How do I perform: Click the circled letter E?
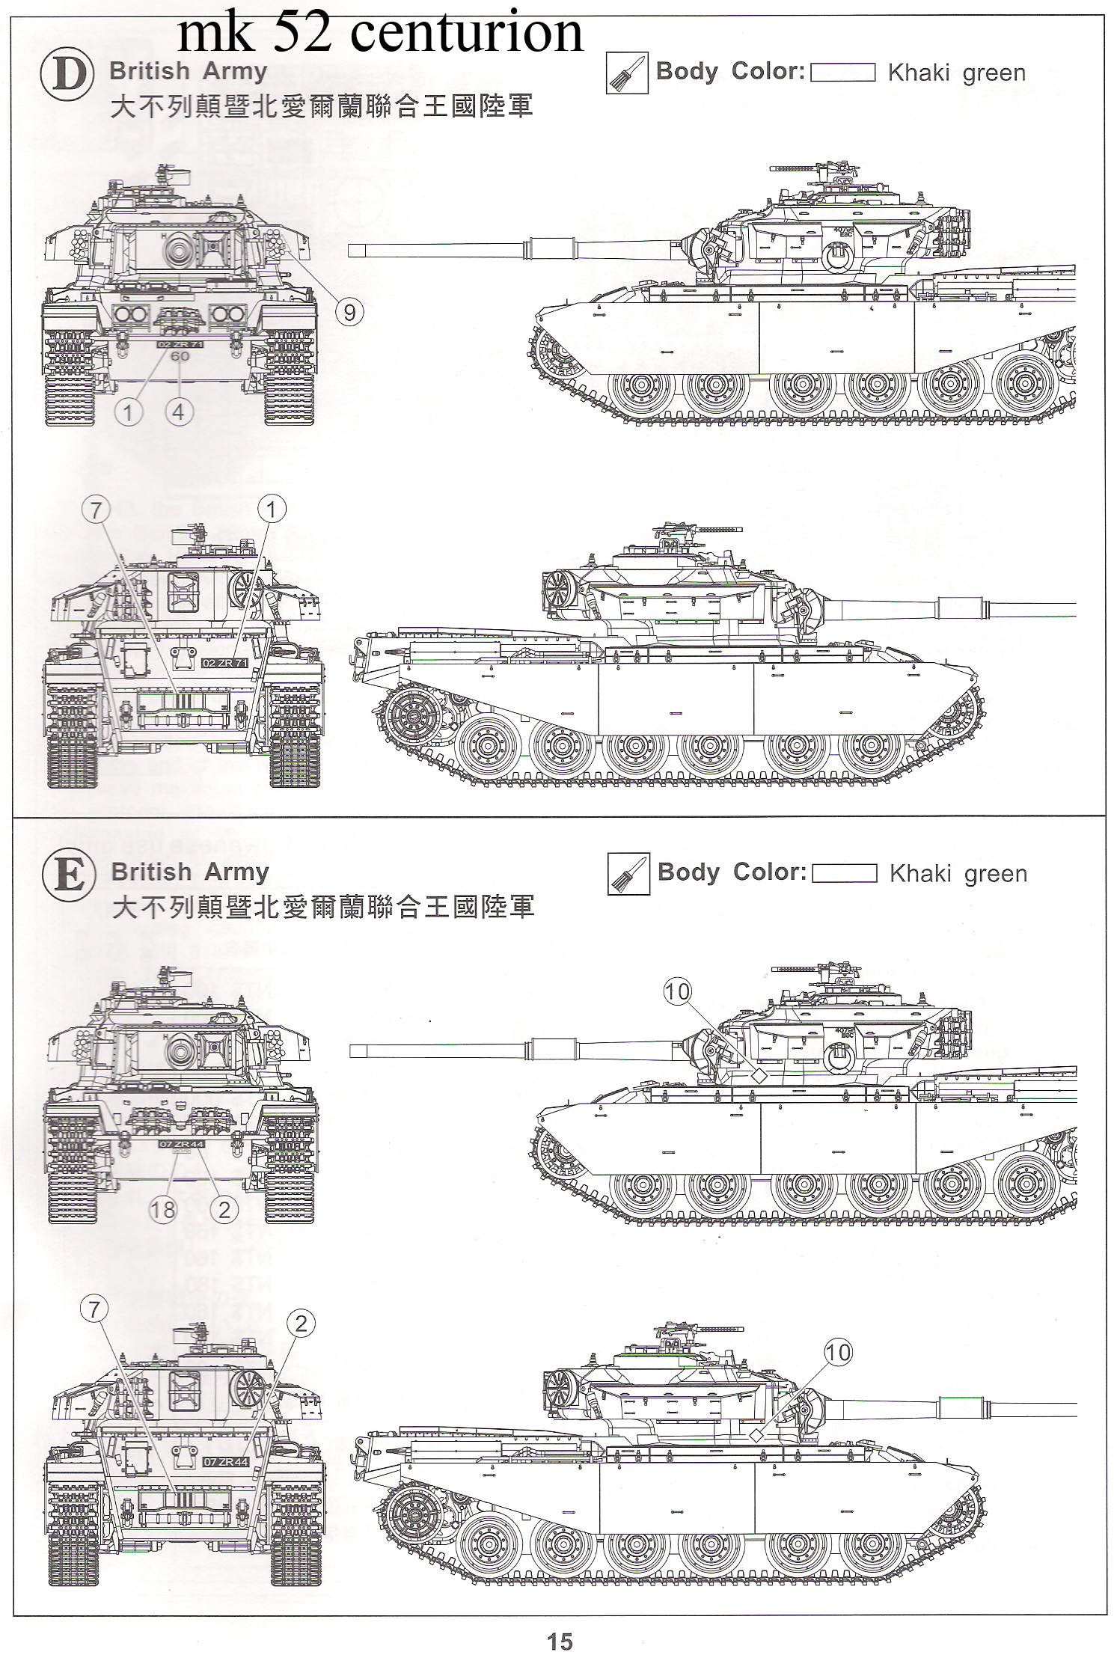[69, 876]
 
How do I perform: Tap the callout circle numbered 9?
[349, 311]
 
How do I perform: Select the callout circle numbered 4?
[178, 412]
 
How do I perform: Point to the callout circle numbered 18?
[163, 1210]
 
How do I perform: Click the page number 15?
[559, 1642]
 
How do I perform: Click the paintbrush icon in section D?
[627, 73]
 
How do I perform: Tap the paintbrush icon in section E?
[628, 874]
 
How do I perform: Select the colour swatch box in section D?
[843, 73]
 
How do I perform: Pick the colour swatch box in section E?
[845, 873]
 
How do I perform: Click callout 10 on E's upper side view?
[677, 991]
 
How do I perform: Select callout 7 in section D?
[96, 510]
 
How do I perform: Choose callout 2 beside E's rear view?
[301, 1324]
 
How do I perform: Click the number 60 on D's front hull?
[180, 357]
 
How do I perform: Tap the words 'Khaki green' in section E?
[958, 874]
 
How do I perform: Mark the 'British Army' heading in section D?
[188, 72]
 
